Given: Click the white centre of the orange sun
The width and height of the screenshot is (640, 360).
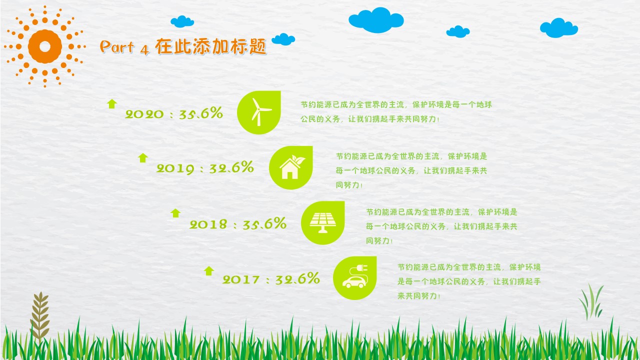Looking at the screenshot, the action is coord(45,46).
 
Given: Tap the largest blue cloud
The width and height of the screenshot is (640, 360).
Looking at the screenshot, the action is coord(376,20).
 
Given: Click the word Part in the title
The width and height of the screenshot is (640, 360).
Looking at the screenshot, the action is coord(117,46).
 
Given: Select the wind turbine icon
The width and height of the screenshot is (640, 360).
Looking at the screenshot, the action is coord(260,112).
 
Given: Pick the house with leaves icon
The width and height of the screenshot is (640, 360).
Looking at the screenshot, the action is coord(292,167).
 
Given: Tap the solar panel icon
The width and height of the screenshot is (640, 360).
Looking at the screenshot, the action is coord(323,222).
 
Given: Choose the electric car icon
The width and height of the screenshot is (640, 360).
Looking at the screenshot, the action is coord(355,276).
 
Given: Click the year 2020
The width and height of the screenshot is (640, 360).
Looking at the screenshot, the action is coord(144,114).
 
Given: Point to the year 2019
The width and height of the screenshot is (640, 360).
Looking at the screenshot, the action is coord(175,168).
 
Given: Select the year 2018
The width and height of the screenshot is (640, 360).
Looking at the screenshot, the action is coord(208,224).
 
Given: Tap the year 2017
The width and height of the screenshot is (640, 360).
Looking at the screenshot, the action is coord(241,279).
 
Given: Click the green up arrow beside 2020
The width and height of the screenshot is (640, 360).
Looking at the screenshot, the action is coord(112,103).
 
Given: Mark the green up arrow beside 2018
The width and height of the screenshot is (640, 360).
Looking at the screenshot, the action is coord(175,213).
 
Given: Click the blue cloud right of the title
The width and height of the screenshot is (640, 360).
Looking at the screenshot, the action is coord(283,39).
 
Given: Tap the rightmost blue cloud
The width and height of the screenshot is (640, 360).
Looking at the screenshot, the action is coord(559,27).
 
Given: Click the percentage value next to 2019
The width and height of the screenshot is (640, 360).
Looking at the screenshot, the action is coord(231,167).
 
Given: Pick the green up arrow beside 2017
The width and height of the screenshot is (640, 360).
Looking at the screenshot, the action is coord(209,271).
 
